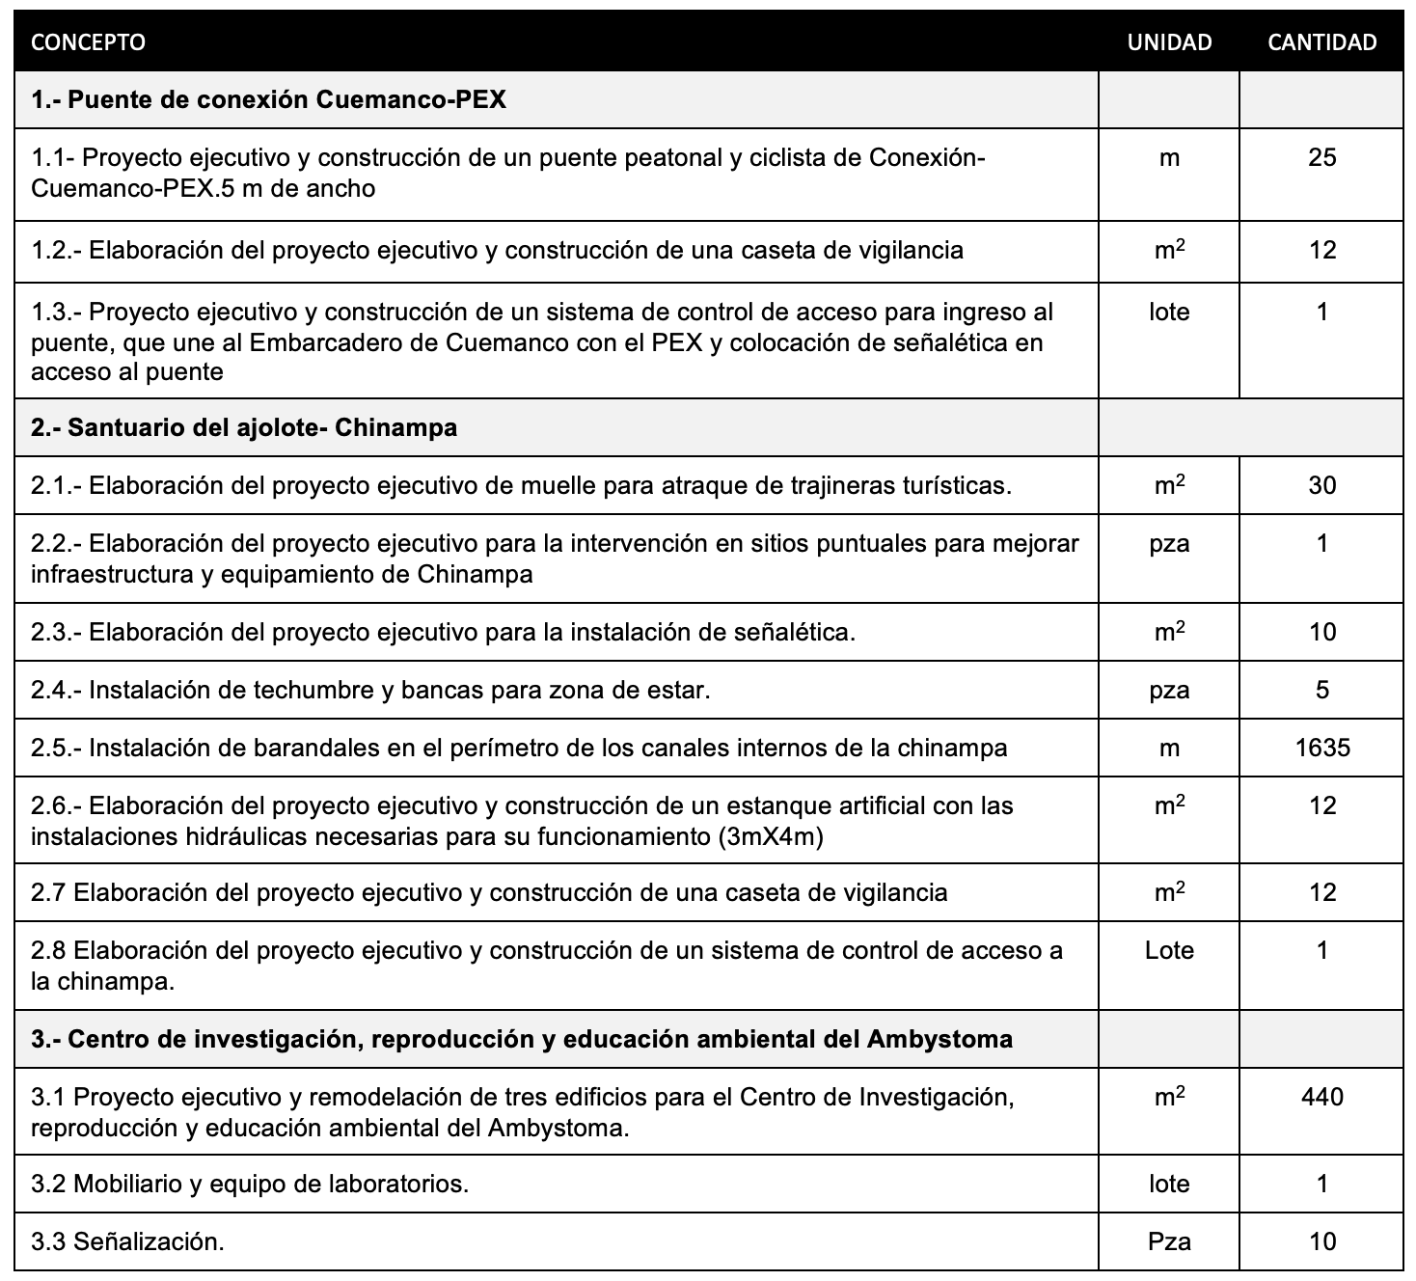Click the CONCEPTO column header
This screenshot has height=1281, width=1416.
88,42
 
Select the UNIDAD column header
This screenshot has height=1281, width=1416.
1169,42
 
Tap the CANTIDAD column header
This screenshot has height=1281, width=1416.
1321,42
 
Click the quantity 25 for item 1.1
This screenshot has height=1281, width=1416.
1321,157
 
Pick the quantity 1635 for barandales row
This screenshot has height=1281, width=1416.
1321,748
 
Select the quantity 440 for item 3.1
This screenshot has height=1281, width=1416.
1321,1097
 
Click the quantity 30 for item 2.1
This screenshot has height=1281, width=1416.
1321,485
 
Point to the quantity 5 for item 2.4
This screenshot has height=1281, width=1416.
1321,690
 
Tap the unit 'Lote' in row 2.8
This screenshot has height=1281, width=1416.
1169,950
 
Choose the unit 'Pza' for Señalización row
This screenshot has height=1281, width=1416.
1169,1241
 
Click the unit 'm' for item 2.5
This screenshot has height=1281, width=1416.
1169,748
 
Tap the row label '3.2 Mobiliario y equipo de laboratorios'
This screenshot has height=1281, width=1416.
250,1184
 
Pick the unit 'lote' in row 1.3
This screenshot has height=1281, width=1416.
1169,312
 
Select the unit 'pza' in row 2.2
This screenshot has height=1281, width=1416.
1169,543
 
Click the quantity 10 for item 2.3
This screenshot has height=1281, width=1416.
1321,632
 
